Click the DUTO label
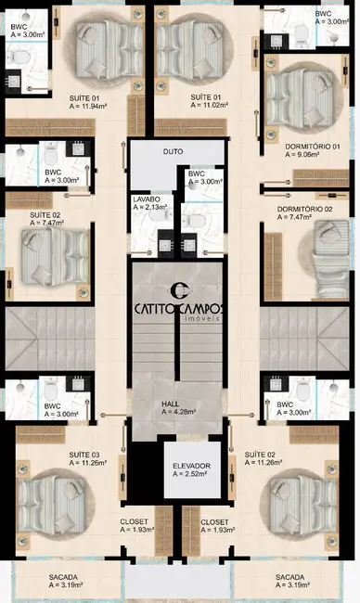[x=173, y=150]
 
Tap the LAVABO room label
[x=147, y=199]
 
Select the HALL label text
[x=171, y=404]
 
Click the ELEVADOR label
[x=192, y=465]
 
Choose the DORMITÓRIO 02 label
[x=304, y=210]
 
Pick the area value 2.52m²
[x=192, y=474]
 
